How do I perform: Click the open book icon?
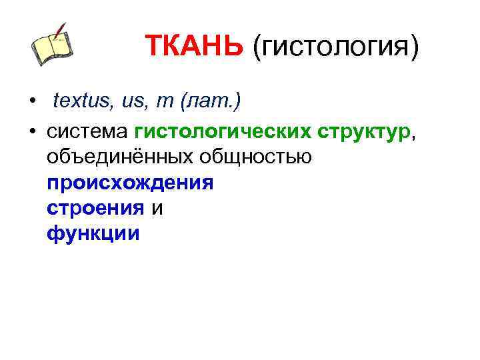click(51, 49)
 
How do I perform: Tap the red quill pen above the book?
click(61, 31)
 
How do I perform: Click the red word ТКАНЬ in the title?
click(195, 47)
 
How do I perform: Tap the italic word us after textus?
click(131, 102)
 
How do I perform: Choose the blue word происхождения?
click(130, 183)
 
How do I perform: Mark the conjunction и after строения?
click(157, 208)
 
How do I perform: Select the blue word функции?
click(93, 233)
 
